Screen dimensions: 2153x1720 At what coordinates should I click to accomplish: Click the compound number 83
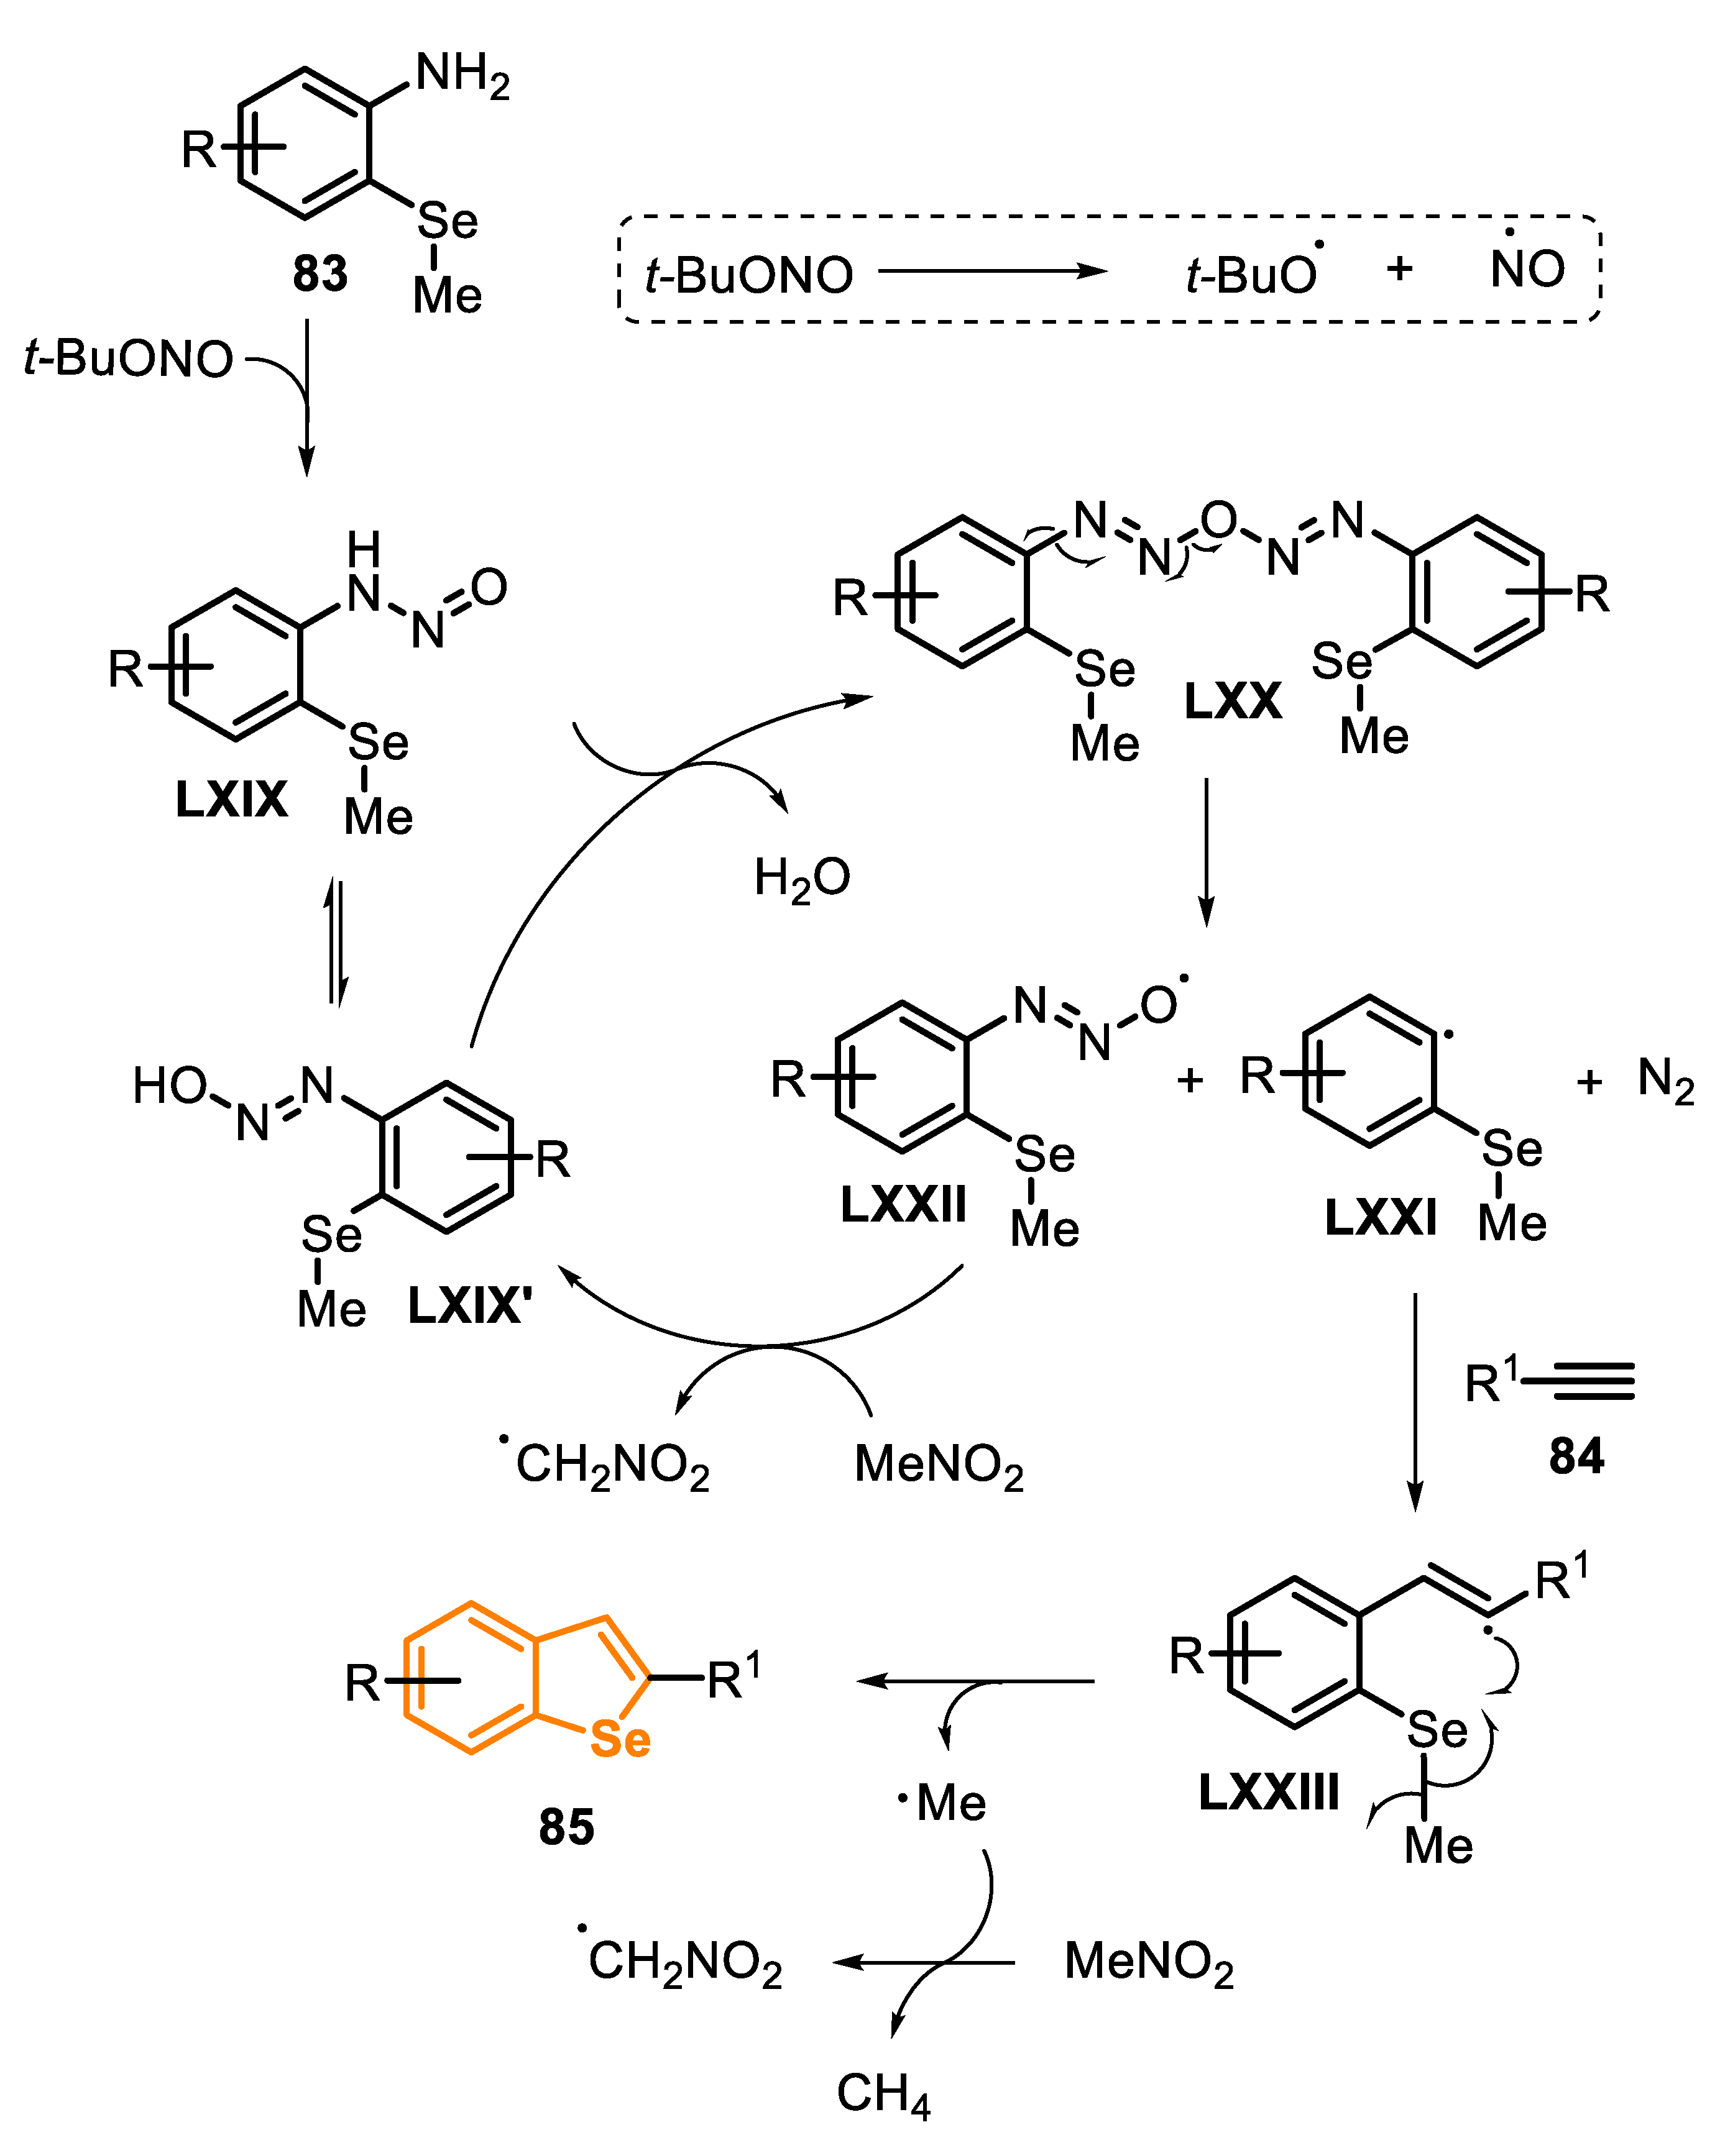(x=320, y=273)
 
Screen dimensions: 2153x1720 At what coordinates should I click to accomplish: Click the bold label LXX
(x=1231, y=701)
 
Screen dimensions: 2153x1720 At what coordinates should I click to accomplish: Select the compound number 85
(x=566, y=1826)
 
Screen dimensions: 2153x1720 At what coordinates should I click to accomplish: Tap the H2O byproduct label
(x=801, y=879)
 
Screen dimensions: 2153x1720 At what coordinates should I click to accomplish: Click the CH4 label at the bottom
(x=883, y=2093)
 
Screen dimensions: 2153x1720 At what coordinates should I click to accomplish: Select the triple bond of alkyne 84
(x=1578, y=1381)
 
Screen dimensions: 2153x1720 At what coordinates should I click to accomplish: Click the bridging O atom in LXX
(x=1218, y=520)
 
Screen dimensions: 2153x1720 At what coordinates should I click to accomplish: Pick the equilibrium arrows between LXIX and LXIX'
(x=337, y=942)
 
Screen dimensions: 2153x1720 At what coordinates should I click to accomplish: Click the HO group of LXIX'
(x=170, y=1086)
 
